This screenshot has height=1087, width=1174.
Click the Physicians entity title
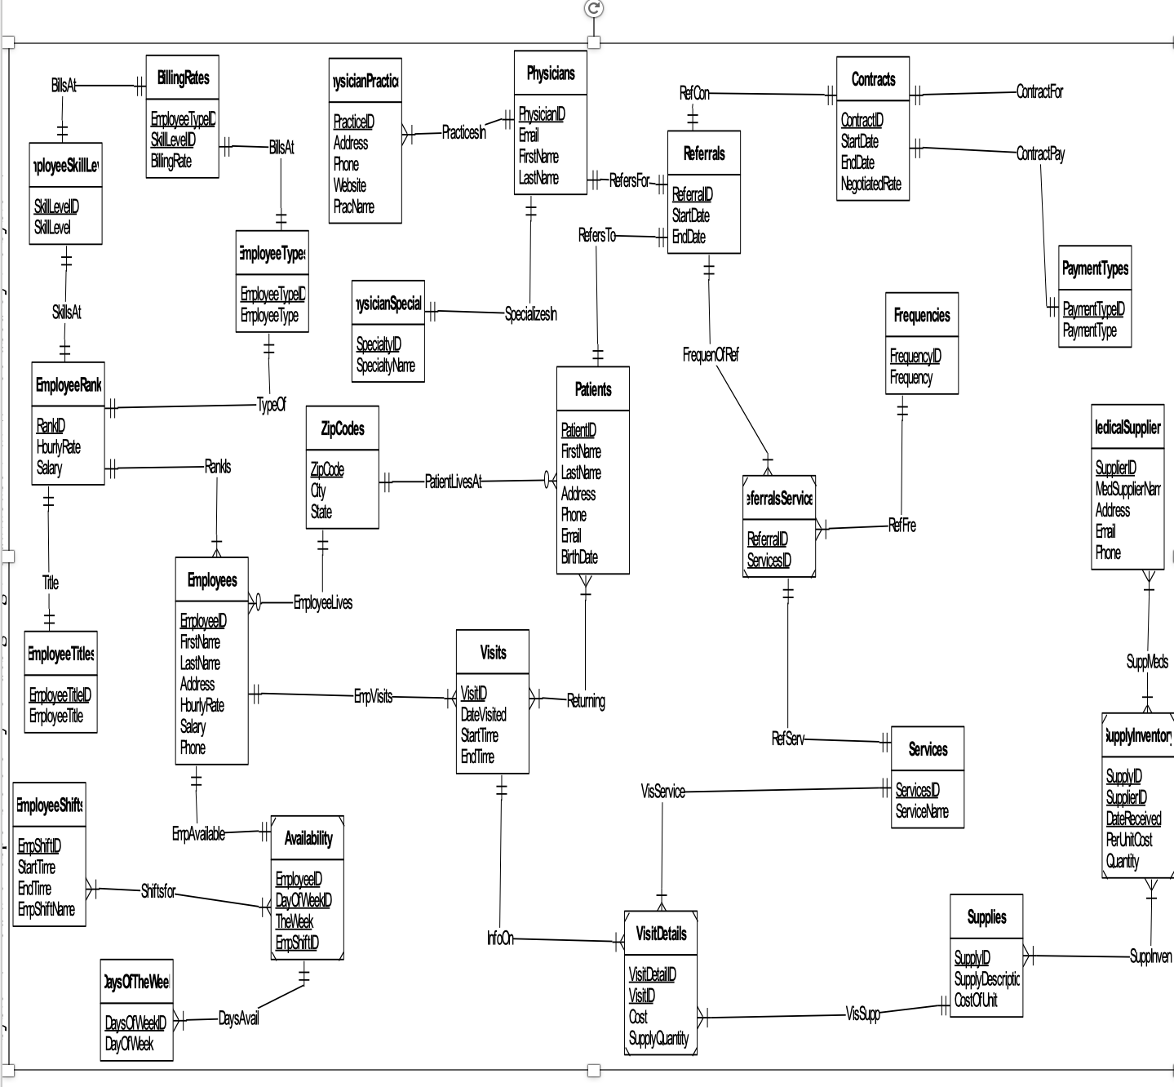(x=551, y=73)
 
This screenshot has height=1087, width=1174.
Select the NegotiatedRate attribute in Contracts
(x=871, y=184)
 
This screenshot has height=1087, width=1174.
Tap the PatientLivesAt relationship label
(x=453, y=482)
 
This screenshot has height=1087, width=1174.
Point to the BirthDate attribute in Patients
(x=579, y=557)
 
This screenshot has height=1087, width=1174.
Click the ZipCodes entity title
(x=343, y=428)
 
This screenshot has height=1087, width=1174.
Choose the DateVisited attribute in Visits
(x=483, y=715)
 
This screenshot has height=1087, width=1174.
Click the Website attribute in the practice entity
(x=350, y=186)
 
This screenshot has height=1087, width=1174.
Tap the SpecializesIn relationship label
(x=531, y=314)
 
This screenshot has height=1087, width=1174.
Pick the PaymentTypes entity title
(x=1095, y=268)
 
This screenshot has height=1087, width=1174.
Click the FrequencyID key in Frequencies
(x=915, y=357)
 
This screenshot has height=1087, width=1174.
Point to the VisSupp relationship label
(x=863, y=1014)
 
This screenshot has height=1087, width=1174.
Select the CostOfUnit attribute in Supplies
(x=976, y=1000)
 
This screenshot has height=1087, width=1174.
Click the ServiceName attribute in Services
(x=922, y=812)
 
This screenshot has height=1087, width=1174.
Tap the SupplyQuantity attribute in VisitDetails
(x=658, y=1039)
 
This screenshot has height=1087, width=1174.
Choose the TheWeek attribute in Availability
(x=295, y=922)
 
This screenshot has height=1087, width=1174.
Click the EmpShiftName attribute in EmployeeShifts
(x=47, y=910)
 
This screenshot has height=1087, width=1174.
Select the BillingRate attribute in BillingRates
(x=171, y=162)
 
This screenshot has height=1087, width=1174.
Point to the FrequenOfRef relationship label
(x=711, y=355)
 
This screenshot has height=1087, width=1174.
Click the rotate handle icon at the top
(x=594, y=8)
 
